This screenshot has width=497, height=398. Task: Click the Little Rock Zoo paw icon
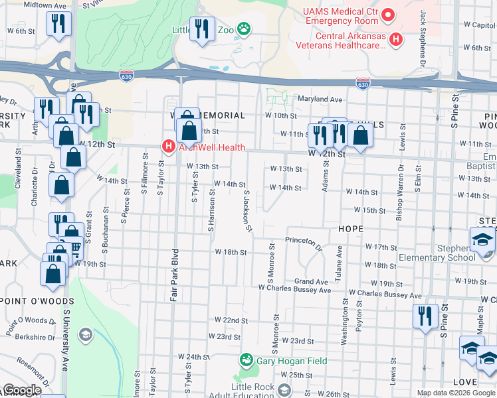pyautogui.click(x=245, y=29)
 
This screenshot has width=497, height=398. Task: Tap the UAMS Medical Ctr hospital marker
pyautogui.click(x=389, y=13)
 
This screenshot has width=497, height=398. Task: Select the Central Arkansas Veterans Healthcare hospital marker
pyautogui.click(x=397, y=40)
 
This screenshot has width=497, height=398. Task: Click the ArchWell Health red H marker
pyautogui.click(x=169, y=147)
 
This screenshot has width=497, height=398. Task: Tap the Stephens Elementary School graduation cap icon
pyautogui.click(x=483, y=240)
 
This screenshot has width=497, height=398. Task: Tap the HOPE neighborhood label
pyautogui.click(x=350, y=229)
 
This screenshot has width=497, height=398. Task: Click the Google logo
pyautogui.click(x=22, y=390)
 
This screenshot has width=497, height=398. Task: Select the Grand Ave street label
pyautogui.click(x=312, y=282)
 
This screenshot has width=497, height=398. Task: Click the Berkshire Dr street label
pyautogui.click(x=28, y=337)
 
